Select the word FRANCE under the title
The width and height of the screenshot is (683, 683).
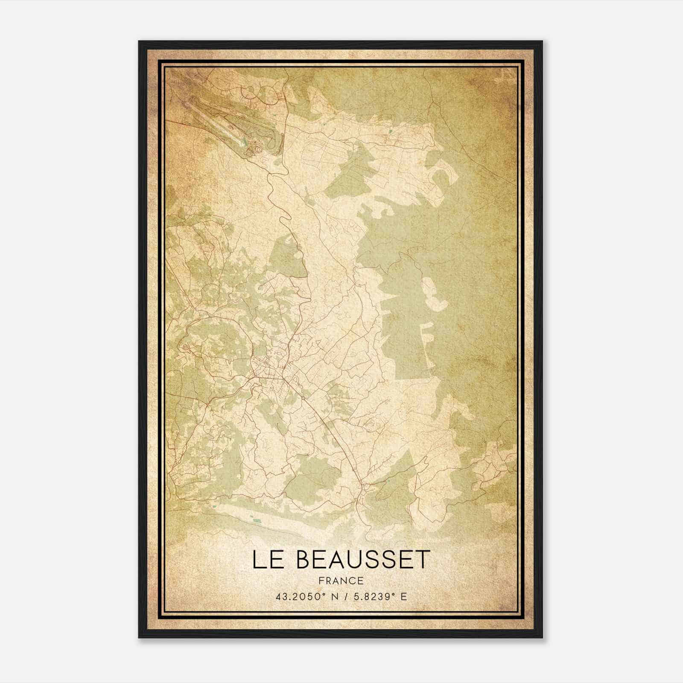coord(341,581)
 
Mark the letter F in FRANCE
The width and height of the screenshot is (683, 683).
coord(321,581)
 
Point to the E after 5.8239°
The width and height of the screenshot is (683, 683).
coord(403,596)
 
